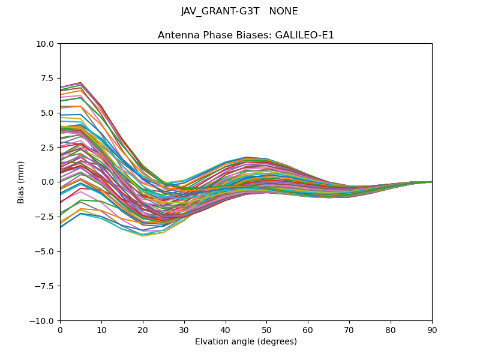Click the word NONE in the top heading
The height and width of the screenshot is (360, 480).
pos(284,11)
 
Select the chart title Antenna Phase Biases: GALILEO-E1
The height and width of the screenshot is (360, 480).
pos(246,35)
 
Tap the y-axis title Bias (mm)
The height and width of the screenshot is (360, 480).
pos(21,182)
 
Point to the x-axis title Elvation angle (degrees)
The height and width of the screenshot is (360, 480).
pos(246,342)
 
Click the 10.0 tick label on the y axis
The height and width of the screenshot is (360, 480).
pos(47,44)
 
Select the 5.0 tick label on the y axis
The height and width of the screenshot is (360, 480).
pos(49,113)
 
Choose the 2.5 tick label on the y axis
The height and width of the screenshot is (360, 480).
pos(49,147)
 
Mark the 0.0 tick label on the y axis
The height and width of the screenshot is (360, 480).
pos(49,182)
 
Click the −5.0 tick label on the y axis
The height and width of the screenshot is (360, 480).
pos(46,251)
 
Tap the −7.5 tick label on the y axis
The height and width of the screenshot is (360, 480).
pos(46,286)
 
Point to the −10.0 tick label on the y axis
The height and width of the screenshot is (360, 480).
pos(44,321)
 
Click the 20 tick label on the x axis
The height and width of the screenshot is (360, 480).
pos(143,330)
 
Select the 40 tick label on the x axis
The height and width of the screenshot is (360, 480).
pos(226,330)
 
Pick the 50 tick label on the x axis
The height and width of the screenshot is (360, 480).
pos(267,330)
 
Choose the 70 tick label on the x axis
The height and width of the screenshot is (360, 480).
pos(349,330)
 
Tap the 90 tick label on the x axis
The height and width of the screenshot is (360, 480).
pos(432,330)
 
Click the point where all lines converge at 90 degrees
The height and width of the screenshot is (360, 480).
pos(432,182)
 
